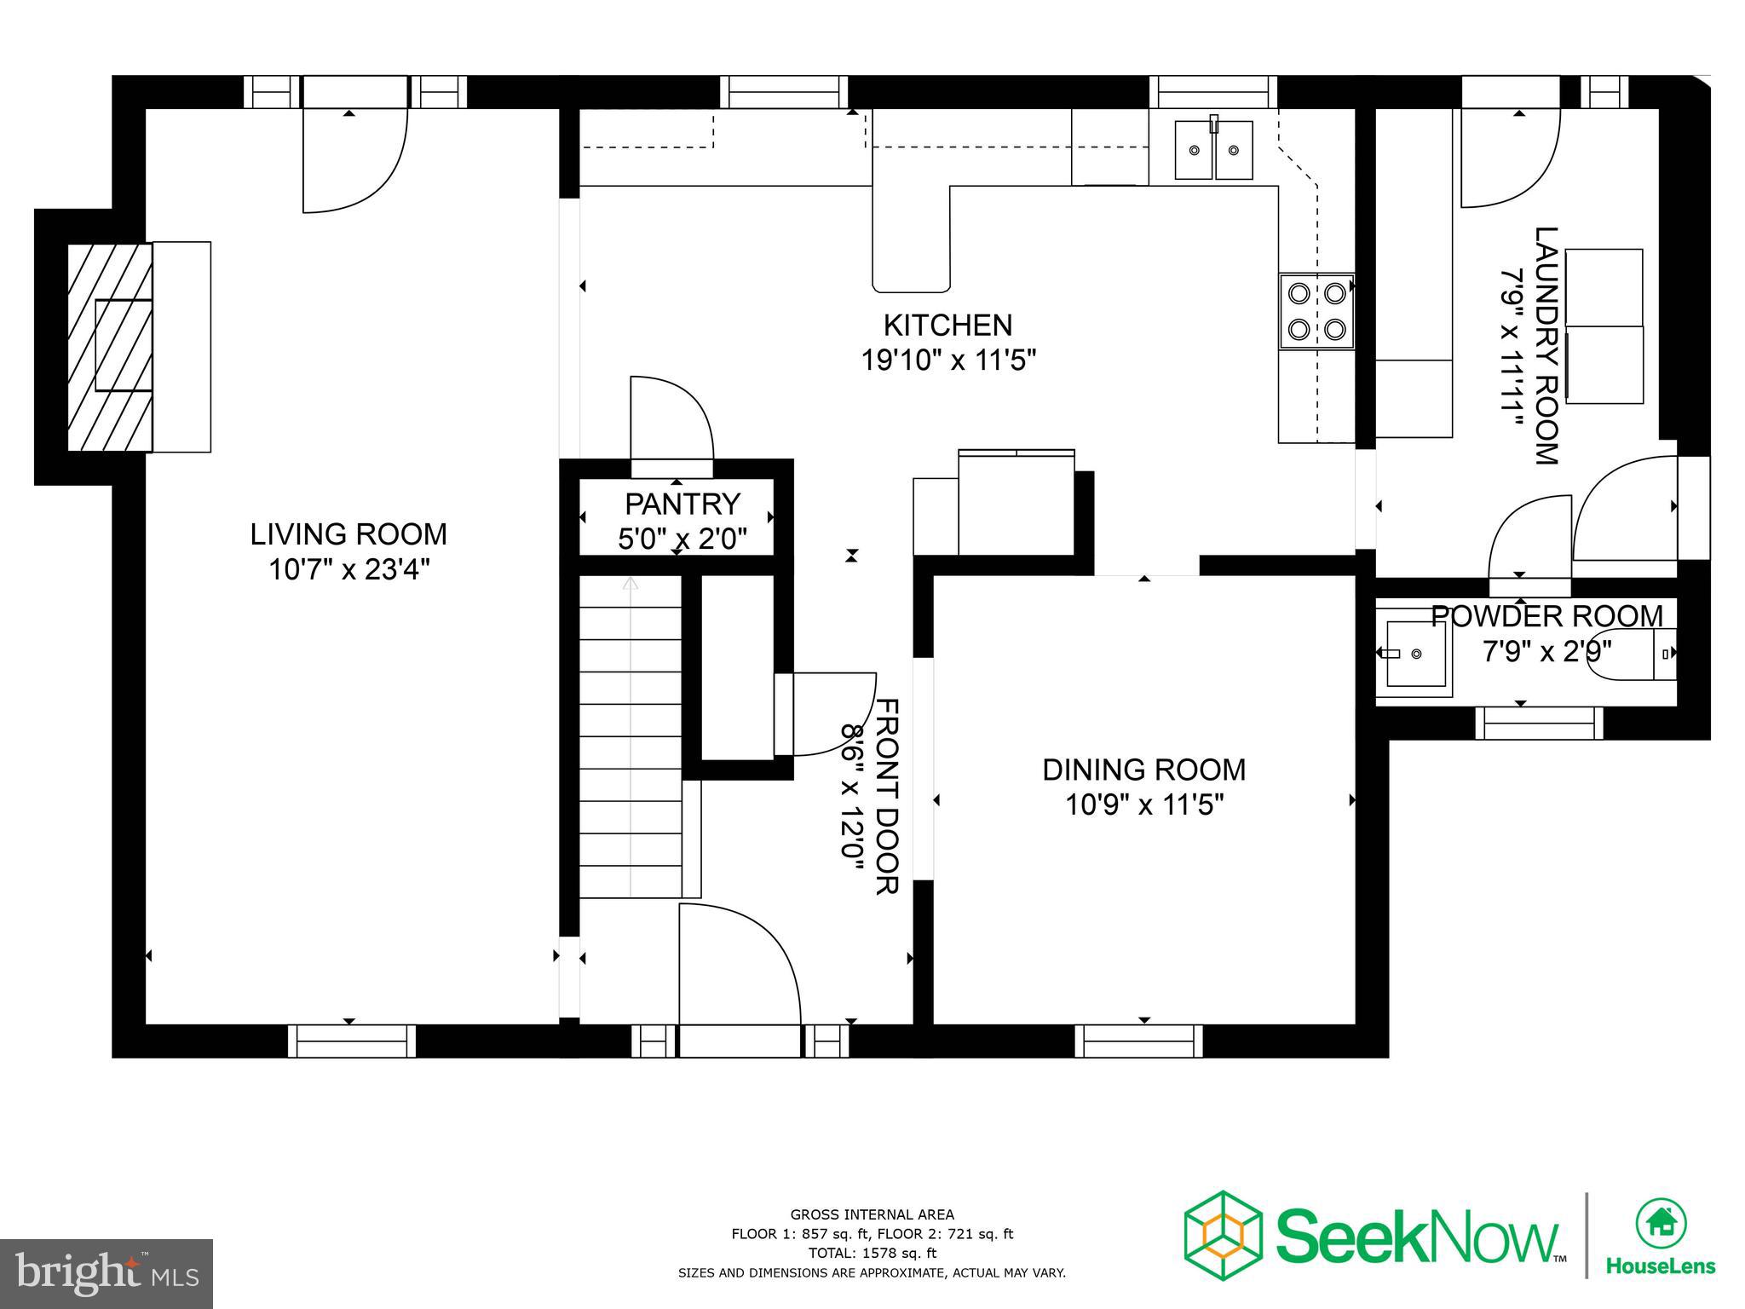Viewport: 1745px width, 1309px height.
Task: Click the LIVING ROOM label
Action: point(348,534)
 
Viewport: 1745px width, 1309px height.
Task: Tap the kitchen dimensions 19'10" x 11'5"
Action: point(947,361)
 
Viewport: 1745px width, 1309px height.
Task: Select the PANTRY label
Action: point(682,504)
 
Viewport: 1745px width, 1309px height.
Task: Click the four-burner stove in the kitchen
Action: point(1316,311)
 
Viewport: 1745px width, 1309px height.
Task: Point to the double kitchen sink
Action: point(1213,150)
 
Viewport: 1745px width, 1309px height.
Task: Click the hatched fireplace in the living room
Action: point(110,347)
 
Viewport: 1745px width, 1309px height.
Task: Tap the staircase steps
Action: point(631,737)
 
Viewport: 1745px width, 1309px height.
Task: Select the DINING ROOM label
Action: point(1143,770)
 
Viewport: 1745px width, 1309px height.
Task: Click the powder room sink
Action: point(1415,654)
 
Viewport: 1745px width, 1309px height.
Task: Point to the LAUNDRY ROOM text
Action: point(1546,345)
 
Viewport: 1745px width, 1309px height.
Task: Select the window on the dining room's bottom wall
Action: point(1138,1041)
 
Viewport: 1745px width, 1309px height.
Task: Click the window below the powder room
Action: point(1538,724)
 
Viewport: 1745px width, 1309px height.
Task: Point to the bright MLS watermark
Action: point(107,1274)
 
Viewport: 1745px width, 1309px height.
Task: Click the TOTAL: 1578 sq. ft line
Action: point(872,1253)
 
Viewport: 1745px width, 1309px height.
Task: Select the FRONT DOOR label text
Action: point(887,796)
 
